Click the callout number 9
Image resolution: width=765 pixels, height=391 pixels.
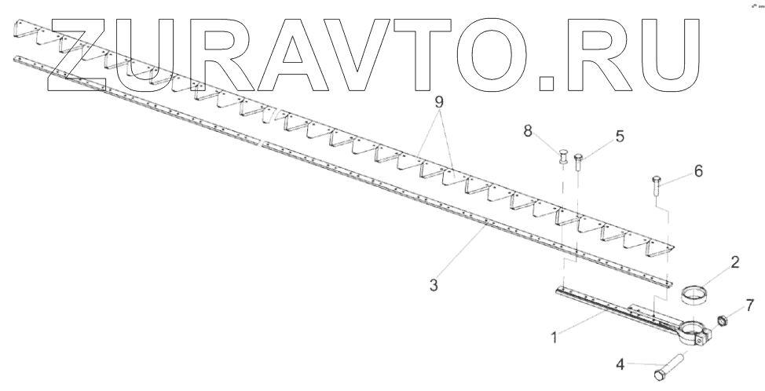point(438,102)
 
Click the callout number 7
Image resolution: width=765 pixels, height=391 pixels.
point(749,304)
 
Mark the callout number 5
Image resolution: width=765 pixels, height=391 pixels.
point(620,137)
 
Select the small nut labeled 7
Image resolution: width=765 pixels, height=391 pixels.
point(722,320)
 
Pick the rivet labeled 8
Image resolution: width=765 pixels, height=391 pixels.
point(563,158)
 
